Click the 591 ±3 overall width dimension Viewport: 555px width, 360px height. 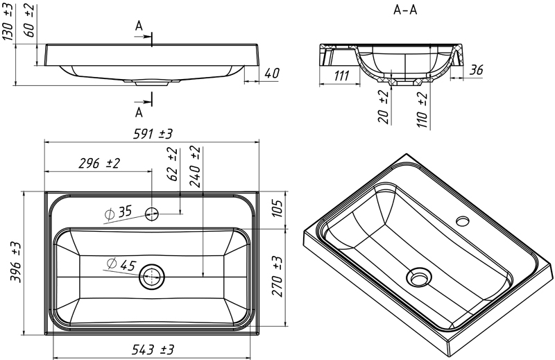tap(148, 134)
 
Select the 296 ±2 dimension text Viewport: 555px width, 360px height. tap(99, 164)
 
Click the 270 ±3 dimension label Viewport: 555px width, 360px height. tap(277, 275)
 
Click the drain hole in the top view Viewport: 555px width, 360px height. tap(152, 277)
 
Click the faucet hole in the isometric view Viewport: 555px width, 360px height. tap(463, 221)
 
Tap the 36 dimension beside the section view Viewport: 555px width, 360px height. tap(477, 70)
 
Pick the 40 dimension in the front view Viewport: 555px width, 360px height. tap(272, 73)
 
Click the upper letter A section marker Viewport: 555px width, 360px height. tap(139, 26)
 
